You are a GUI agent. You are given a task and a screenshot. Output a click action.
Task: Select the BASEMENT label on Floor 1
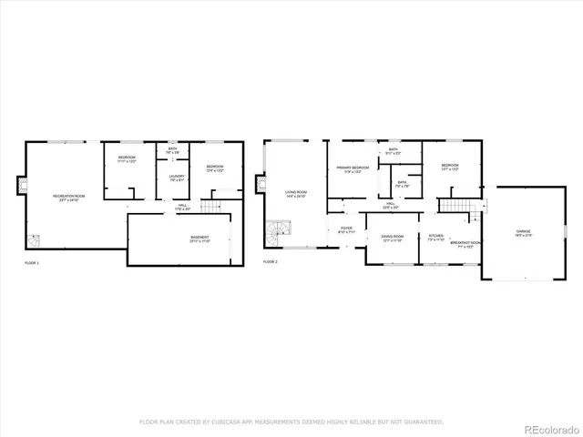click(199, 239)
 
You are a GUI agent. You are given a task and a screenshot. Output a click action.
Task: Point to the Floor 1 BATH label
click(172, 150)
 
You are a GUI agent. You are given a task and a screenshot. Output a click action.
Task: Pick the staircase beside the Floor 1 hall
click(211, 208)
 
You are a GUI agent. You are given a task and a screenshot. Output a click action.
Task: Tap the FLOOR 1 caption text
click(31, 262)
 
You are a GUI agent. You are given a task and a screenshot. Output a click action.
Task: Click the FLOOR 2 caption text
click(271, 262)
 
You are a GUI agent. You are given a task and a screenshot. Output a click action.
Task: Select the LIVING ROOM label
click(295, 193)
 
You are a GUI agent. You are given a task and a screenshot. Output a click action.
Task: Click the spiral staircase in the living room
click(275, 235)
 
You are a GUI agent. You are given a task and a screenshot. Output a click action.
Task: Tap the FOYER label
click(346, 229)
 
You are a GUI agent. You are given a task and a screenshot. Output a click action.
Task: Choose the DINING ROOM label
click(392, 238)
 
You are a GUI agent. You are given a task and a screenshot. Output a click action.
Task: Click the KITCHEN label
click(436, 238)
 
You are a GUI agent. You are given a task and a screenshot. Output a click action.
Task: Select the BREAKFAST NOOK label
click(465, 244)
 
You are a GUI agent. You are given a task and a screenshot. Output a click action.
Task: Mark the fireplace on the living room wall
click(259, 185)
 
